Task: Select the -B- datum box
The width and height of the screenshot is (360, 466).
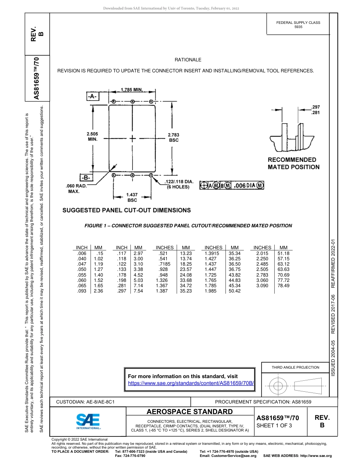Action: click(86, 177)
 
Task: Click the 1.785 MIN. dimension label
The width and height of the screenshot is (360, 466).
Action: click(131, 90)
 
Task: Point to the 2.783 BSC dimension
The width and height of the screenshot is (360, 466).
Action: click(173, 137)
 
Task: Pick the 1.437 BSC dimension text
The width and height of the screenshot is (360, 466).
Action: click(132, 197)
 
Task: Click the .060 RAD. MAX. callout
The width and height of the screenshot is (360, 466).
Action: click(76, 189)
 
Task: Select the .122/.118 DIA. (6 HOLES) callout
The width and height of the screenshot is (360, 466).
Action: click(178, 184)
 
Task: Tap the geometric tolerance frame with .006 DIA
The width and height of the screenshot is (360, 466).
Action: click(232, 185)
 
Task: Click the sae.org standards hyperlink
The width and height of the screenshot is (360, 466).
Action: click(191, 383)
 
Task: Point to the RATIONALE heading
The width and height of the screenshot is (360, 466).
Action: click(188, 60)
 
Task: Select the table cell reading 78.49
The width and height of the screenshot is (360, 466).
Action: click(283, 286)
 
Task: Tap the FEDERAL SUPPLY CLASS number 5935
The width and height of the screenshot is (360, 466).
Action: click(298, 27)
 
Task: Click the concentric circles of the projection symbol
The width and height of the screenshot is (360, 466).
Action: click(278, 386)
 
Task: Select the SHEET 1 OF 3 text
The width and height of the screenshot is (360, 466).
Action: click(274, 425)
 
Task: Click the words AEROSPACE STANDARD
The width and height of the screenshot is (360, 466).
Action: click(189, 412)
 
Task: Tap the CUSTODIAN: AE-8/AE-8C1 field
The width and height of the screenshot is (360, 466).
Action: click(85, 402)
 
